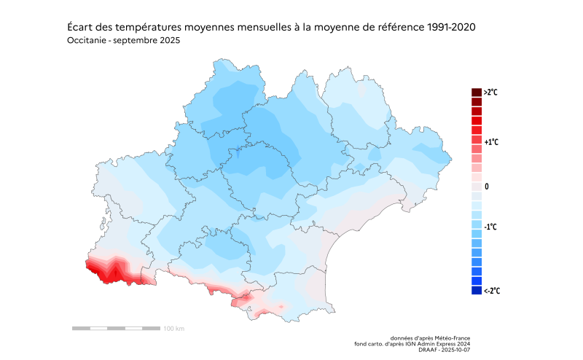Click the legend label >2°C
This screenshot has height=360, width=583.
[490, 93]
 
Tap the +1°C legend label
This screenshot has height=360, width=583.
[490, 142]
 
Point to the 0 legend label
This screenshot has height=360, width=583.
[487, 187]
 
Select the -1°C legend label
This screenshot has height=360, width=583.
[490, 227]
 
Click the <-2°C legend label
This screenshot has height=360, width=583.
[490, 291]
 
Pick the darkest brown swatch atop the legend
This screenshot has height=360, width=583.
[477, 93]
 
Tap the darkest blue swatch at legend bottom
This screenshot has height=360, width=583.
[477, 290]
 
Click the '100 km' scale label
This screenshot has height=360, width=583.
[173, 329]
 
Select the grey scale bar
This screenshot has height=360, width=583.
[117, 329]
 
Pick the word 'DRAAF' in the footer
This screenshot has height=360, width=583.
[430, 350]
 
